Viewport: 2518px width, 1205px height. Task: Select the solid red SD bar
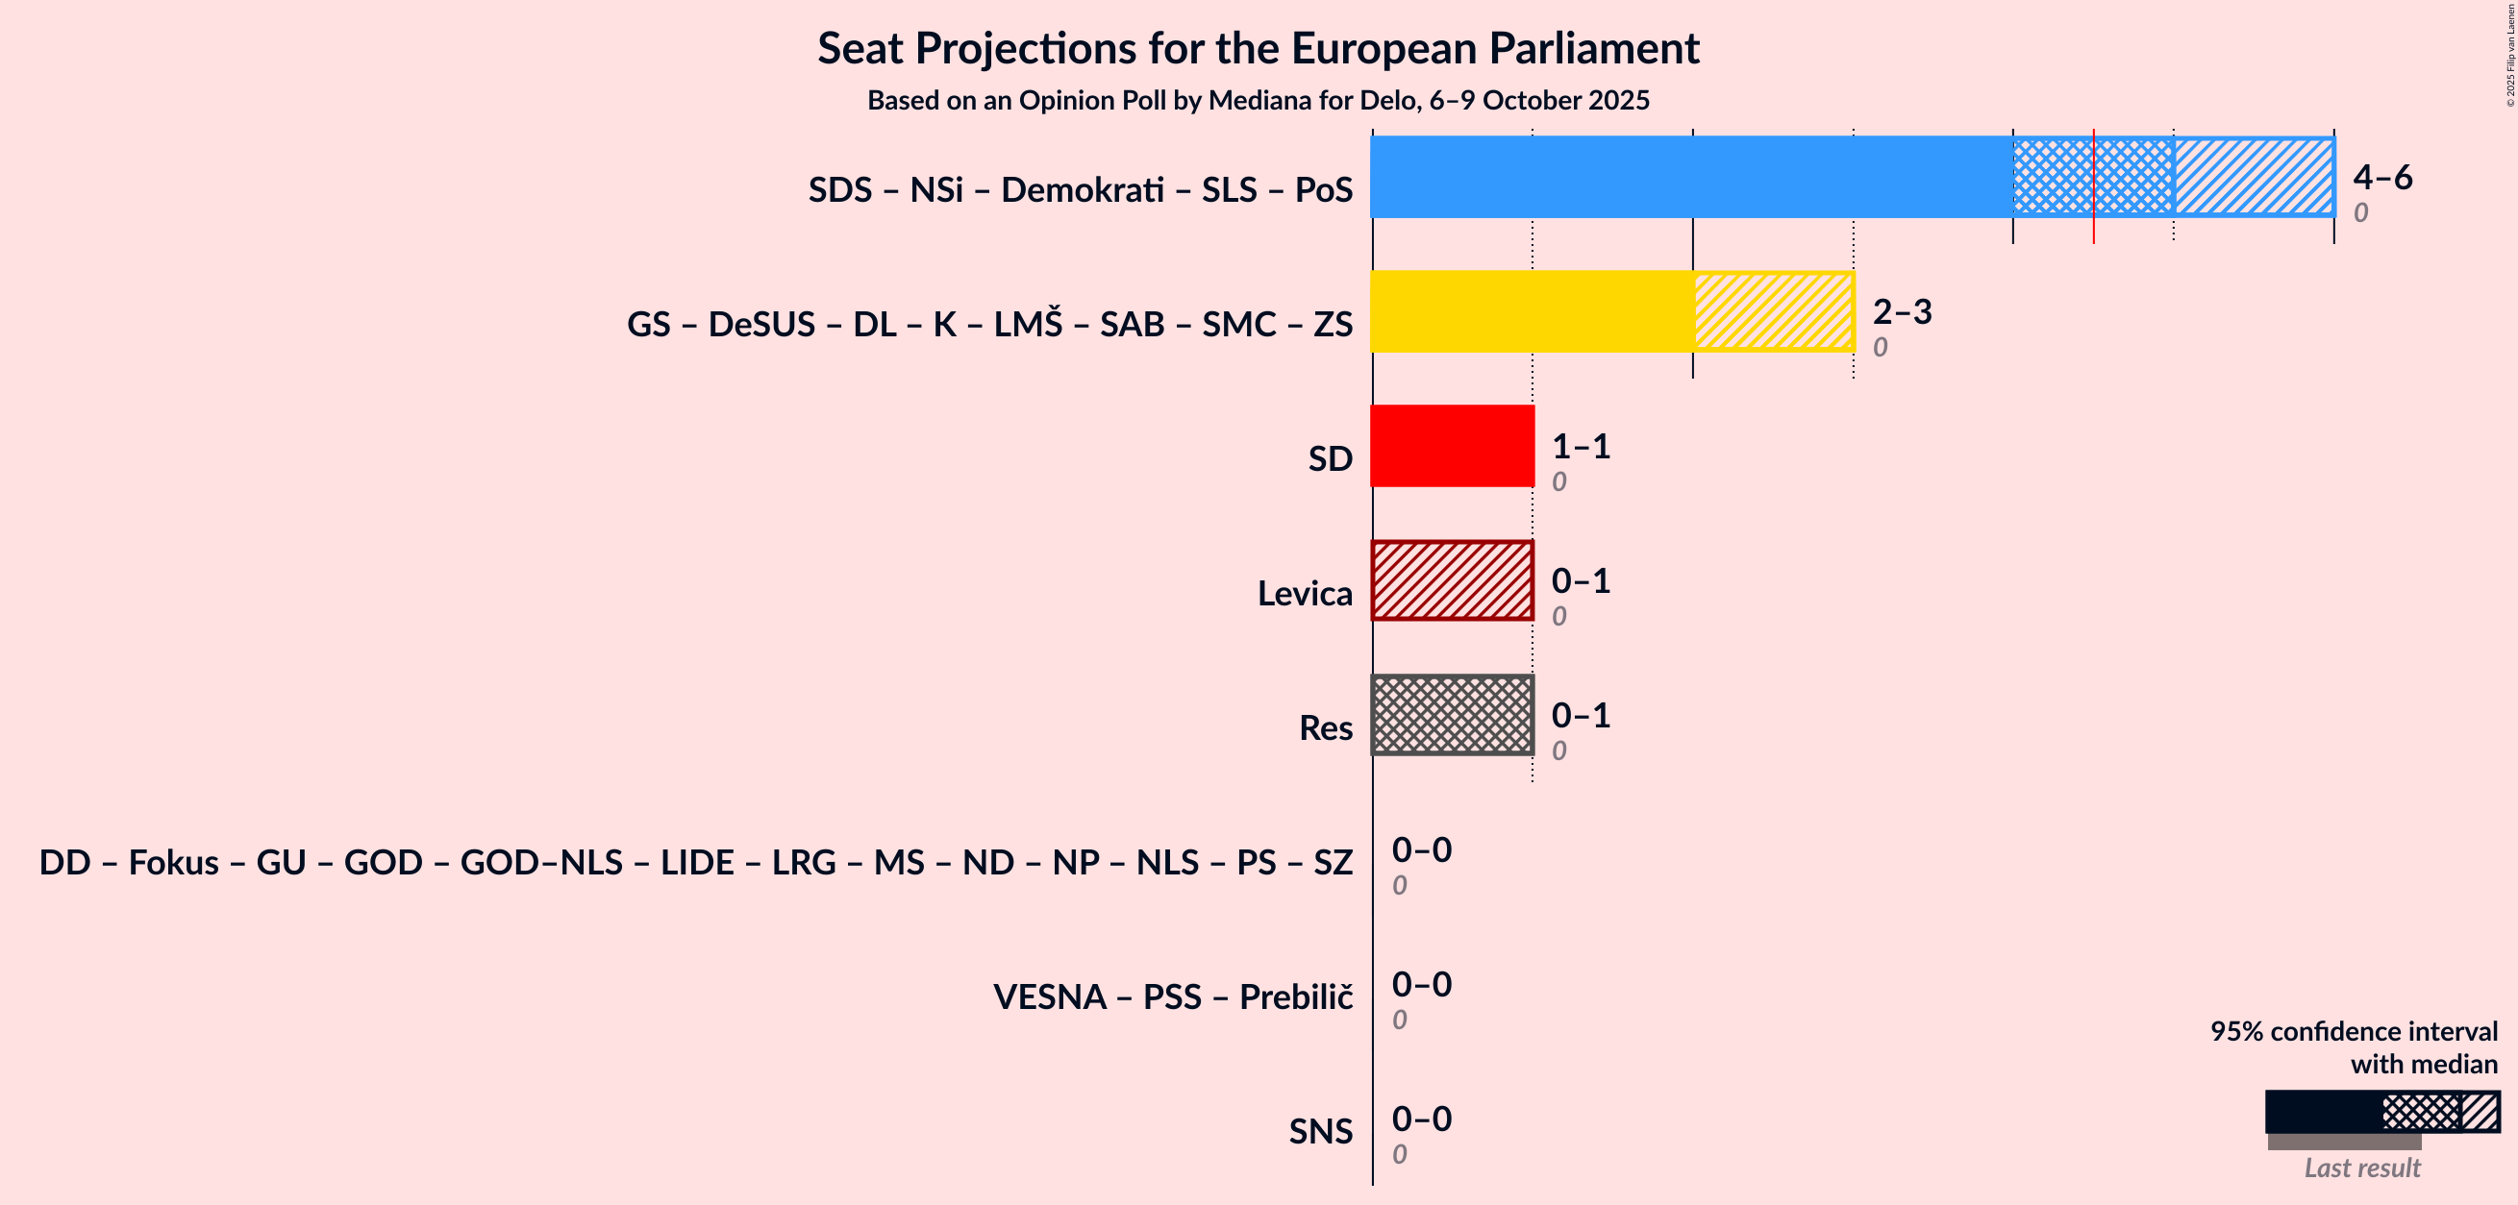1452,446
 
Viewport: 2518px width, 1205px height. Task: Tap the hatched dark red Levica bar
1452,580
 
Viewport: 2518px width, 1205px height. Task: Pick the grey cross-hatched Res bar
1452,714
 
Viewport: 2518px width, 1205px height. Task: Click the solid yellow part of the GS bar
1531,310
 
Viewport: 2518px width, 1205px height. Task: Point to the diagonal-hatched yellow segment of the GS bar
1773,310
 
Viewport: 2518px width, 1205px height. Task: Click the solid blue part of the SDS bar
1691,177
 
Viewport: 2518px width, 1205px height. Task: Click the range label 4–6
2382,177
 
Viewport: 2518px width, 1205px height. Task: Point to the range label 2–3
1901,311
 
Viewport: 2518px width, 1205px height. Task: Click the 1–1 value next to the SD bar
1581,447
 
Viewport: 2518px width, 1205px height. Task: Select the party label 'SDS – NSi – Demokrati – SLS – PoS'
1080,189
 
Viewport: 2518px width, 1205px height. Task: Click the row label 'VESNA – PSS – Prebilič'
1173,996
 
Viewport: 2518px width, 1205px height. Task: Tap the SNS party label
1321,1131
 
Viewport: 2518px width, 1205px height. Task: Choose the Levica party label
1304,593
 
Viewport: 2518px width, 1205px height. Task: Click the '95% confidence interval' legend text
2353,1031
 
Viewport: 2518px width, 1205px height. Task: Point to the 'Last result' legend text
2361,1168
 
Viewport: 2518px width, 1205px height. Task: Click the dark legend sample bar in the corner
2323,1112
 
